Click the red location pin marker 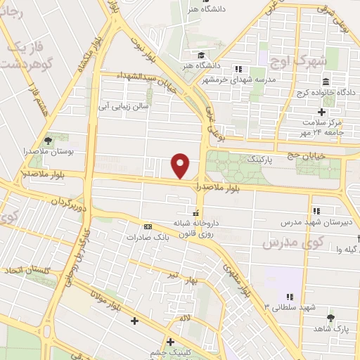tap(181, 166)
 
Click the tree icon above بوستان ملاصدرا tap(48, 140)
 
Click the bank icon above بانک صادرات tap(148, 226)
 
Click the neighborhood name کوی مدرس tap(288, 243)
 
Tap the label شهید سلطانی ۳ tap(290, 307)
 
